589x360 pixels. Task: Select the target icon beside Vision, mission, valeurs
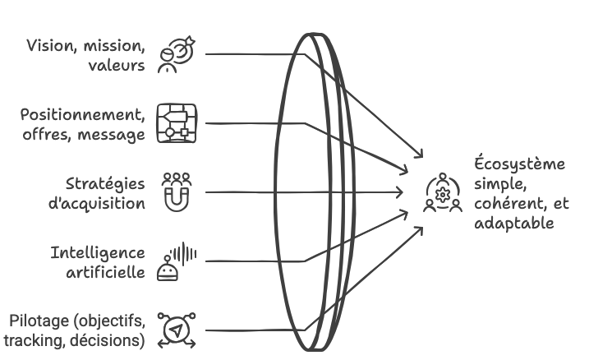point(174,55)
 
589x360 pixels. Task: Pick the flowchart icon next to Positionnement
point(176,123)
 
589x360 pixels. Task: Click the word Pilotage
point(38,321)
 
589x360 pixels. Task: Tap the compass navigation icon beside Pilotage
point(176,330)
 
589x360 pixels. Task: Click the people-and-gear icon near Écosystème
point(443,193)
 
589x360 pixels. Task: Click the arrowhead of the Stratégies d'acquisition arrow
point(401,192)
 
